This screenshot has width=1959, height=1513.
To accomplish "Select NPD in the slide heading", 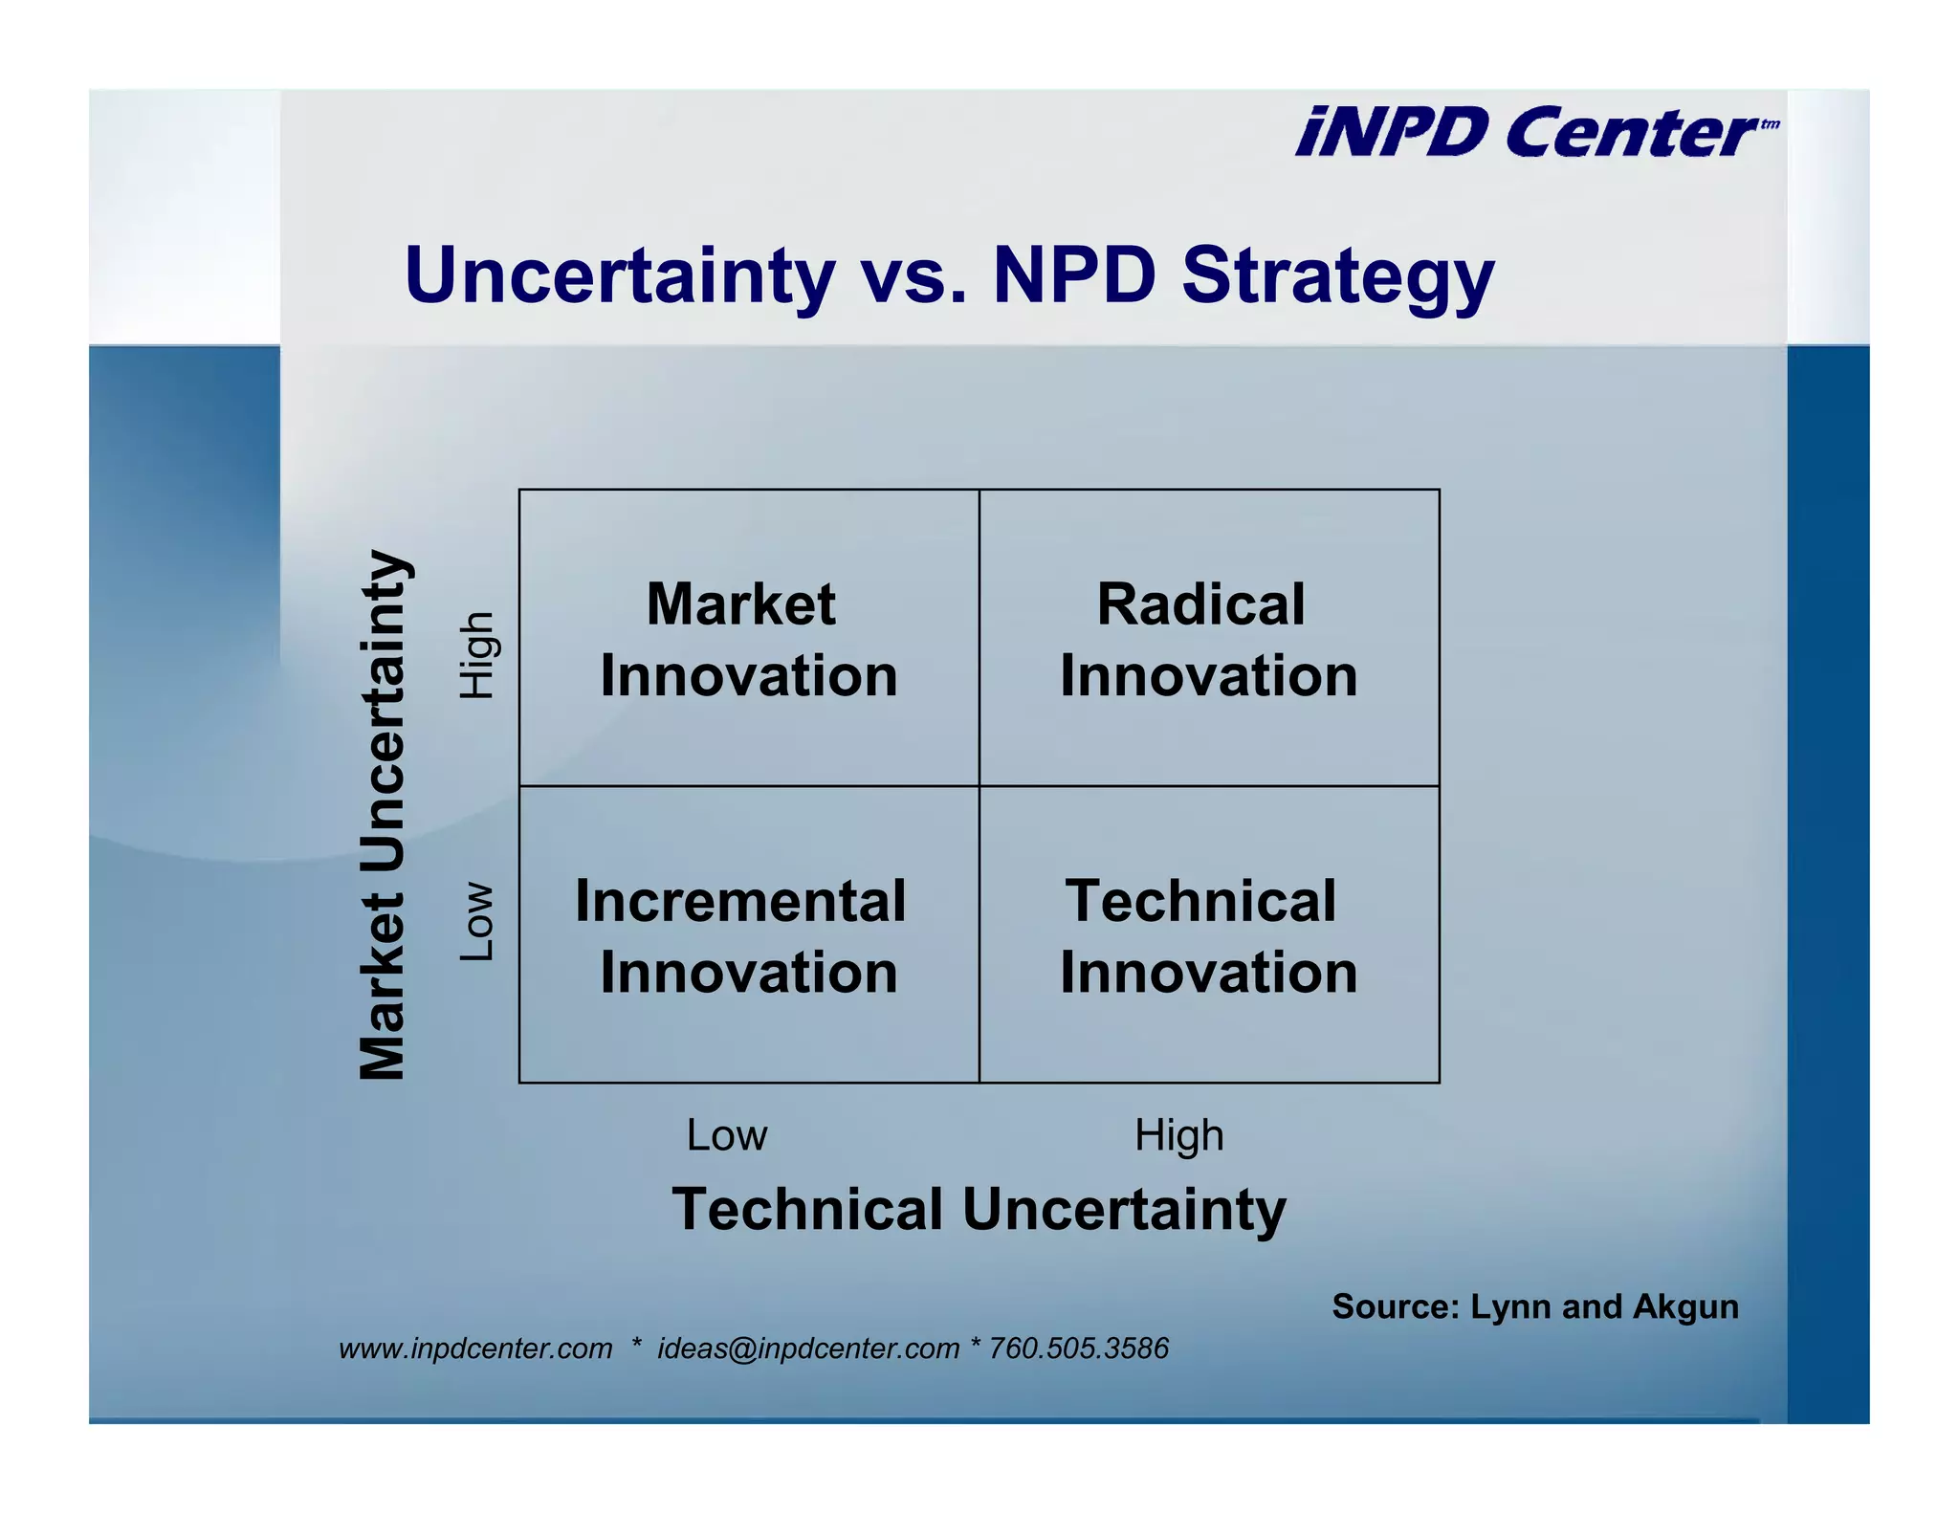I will (1074, 275).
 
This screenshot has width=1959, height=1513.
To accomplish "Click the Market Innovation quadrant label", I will (748, 640).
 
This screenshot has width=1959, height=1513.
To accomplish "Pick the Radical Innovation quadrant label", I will (1208, 640).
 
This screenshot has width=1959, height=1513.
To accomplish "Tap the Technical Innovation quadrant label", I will (1208, 936).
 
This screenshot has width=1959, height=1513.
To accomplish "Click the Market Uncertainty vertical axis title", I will (384, 815).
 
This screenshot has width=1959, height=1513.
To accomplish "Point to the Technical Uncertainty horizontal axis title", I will (979, 1209).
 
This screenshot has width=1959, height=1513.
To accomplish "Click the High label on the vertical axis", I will (476, 655).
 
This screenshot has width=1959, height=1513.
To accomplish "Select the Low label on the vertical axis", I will (476, 921).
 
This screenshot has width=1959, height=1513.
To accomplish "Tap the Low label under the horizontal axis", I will (727, 1135).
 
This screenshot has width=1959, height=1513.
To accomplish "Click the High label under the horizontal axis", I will (1178, 1135).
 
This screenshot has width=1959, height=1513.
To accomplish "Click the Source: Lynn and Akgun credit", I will (1534, 1306).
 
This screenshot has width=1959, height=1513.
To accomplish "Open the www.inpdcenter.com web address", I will (475, 1349).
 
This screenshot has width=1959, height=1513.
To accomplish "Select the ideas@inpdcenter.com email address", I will (807, 1349).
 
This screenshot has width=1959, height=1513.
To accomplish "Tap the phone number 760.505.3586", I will (1078, 1349).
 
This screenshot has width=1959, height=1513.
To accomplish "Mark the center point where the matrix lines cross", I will (979, 786).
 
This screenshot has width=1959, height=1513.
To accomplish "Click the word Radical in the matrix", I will (1200, 604).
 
